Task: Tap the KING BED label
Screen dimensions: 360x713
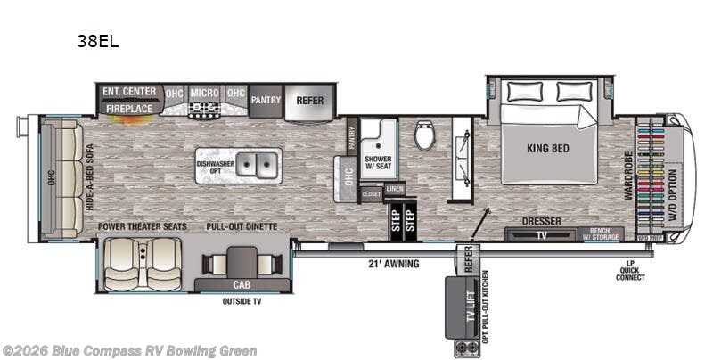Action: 549,149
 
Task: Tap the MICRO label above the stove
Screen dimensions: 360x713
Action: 203,92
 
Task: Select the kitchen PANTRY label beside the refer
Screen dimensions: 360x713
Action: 265,101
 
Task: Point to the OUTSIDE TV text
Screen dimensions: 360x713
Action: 242,301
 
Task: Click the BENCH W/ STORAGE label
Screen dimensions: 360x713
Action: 604,234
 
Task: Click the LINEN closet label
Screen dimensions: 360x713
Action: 395,189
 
